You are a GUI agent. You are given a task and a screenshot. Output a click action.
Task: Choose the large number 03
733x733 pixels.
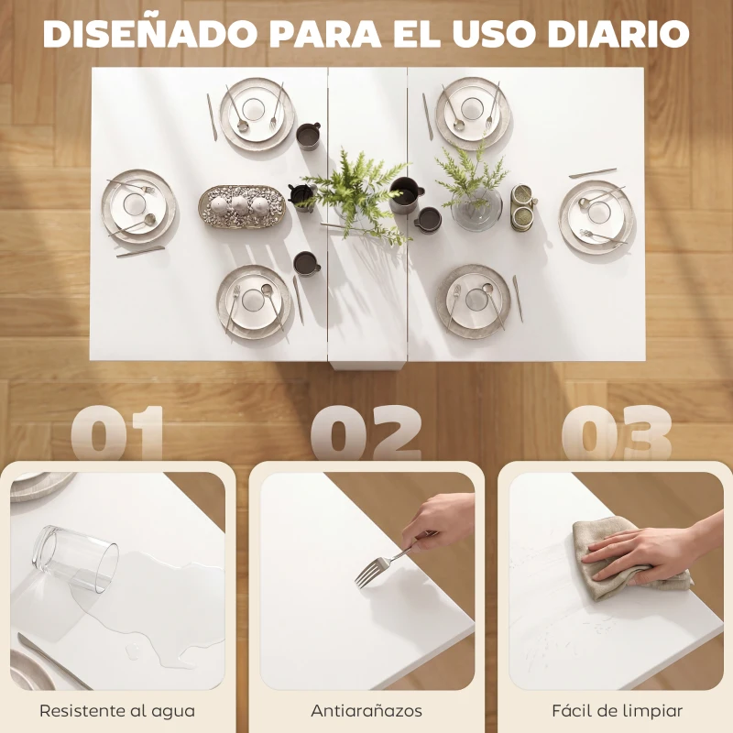(616, 433)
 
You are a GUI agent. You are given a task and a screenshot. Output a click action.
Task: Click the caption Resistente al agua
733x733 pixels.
(117, 710)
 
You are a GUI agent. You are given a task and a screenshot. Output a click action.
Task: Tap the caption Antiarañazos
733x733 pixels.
(366, 710)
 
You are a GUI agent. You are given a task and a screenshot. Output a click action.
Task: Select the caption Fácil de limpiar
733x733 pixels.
(617, 710)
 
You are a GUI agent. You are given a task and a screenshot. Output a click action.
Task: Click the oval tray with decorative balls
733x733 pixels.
(242, 205)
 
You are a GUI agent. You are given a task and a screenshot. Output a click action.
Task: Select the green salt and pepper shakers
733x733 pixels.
(524, 208)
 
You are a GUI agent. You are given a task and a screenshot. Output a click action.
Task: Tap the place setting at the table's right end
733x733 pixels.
(596, 216)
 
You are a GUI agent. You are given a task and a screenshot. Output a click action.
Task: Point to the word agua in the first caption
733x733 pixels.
(173, 711)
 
